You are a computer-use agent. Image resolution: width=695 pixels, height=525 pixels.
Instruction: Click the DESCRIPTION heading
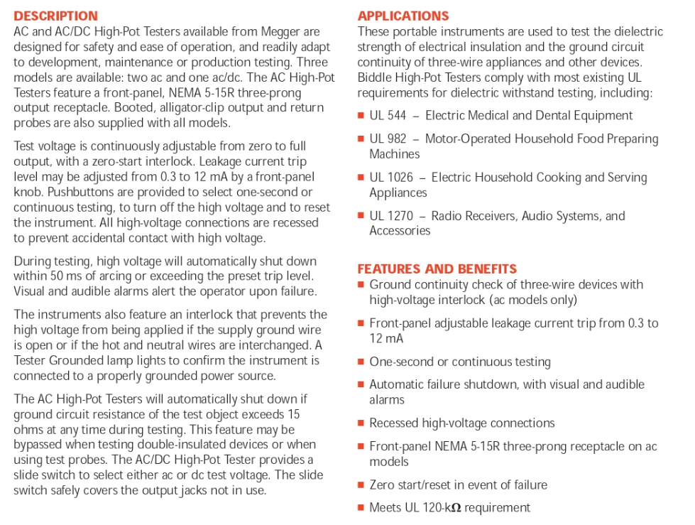56,16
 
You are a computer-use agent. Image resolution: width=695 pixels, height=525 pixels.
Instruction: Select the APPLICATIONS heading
403,16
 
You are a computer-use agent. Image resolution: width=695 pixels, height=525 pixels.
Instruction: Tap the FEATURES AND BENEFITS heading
437,269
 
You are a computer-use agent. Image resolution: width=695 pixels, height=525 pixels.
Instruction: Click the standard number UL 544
388,115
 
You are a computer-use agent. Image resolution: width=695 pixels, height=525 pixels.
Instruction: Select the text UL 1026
391,177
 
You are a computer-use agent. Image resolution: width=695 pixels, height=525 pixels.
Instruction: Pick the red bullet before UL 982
361,139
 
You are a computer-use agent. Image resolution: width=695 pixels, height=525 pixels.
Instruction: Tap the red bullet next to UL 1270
361,216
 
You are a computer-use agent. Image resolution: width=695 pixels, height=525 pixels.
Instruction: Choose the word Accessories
400,230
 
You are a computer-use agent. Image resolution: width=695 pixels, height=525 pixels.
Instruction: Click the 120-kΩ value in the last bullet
444,507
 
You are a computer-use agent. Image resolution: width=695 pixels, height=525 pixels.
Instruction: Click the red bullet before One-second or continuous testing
361,362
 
